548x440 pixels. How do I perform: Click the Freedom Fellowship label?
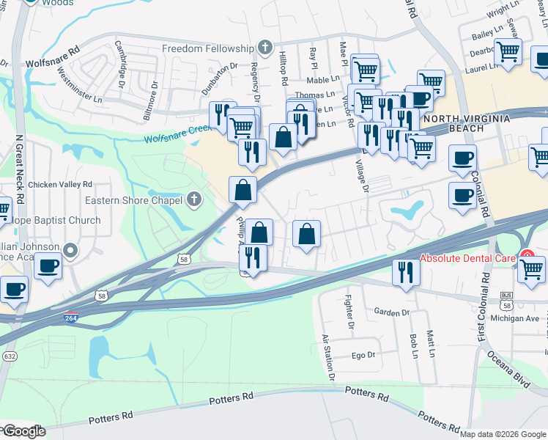click(207, 49)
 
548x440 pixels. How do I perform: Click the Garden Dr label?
click(391, 312)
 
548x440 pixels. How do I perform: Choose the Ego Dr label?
click(363, 355)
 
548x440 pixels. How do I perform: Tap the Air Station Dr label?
click(328, 358)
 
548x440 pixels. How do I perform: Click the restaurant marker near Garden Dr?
click(402, 273)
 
